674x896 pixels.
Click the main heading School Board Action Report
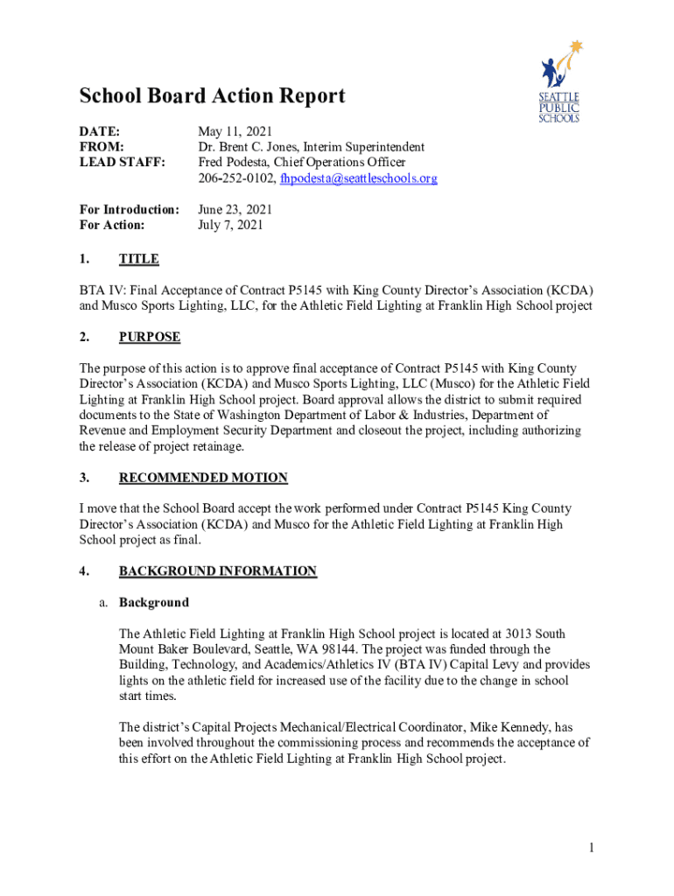coord(212,96)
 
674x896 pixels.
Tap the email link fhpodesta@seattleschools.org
coord(358,178)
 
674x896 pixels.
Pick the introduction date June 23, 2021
coord(235,209)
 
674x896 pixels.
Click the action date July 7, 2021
coord(230,225)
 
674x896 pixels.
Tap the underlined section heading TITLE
coord(138,259)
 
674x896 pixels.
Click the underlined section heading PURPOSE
coord(150,337)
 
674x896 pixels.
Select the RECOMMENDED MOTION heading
coord(203,478)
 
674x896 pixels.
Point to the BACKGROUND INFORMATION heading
coord(218,571)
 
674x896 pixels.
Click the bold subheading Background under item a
coord(154,603)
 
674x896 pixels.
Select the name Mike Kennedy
coord(516,727)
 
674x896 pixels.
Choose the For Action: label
coord(112,225)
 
